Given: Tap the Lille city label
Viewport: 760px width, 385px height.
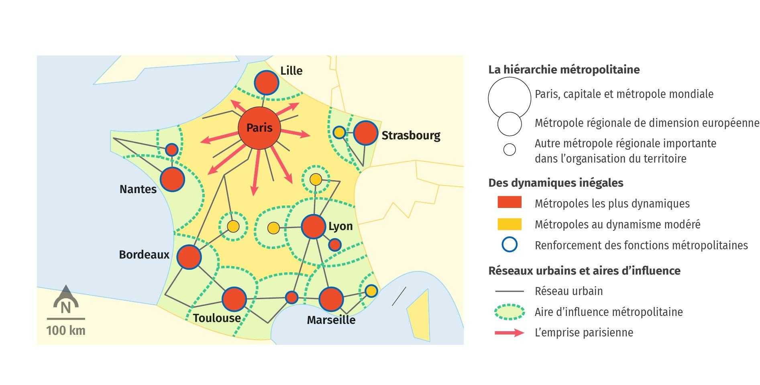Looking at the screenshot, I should (x=291, y=71).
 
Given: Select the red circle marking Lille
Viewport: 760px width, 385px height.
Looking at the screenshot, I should (x=267, y=83).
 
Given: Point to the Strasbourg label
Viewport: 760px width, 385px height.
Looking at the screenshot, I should (x=411, y=136).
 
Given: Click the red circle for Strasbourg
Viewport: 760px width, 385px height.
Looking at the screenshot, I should (x=366, y=133).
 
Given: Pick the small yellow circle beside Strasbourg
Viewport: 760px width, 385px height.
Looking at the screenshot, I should (x=339, y=132).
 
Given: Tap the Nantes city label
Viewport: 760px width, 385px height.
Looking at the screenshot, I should (x=138, y=189).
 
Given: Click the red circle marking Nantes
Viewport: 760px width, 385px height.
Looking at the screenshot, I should (x=172, y=179).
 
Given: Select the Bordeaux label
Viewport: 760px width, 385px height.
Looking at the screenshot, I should (x=144, y=255).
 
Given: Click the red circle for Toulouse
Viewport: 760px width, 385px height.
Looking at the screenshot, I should (x=234, y=299).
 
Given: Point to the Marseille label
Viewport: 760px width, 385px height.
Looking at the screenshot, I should (x=331, y=320).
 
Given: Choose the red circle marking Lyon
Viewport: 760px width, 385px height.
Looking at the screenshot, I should (x=313, y=227).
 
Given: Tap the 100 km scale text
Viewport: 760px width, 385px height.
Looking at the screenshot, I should (x=66, y=330).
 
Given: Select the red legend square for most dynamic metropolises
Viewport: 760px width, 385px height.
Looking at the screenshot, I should (x=509, y=202).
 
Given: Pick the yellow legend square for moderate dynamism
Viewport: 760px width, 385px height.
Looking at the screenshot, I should (x=509, y=224).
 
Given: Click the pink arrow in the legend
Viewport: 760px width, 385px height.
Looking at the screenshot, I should (x=509, y=333).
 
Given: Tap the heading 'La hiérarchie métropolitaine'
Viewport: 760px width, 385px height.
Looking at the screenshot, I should (x=564, y=70).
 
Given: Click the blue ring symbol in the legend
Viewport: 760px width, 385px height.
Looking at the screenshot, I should (x=509, y=245).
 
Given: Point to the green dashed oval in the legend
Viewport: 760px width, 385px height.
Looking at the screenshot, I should (x=509, y=312).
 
